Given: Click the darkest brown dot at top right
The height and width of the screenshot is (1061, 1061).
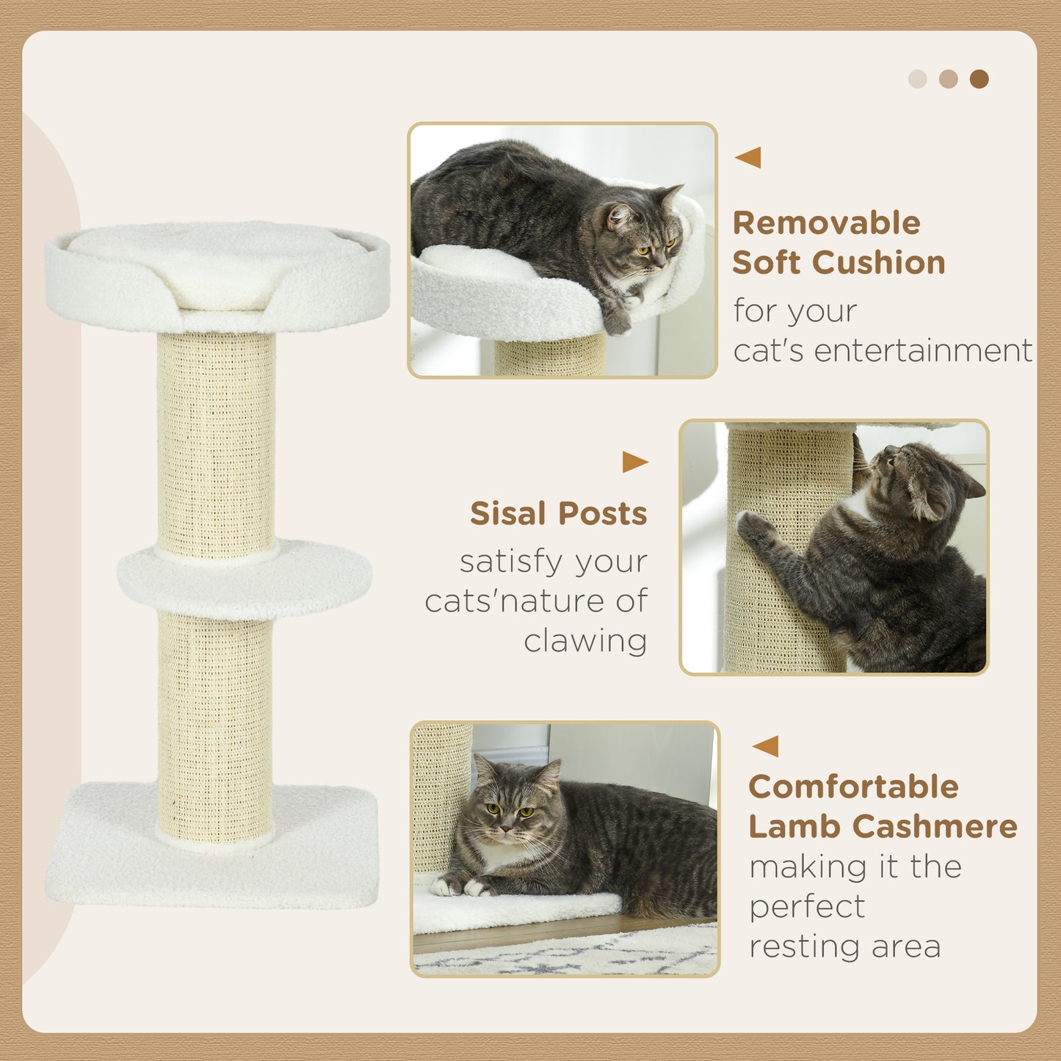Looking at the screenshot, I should [979, 79].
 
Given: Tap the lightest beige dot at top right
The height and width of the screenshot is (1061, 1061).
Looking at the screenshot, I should [918, 79].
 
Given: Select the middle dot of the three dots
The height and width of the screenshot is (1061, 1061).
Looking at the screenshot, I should [949, 79].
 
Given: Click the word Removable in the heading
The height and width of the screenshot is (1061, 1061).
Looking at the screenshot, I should [826, 223].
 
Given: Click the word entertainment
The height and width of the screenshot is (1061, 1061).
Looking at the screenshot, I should [923, 351].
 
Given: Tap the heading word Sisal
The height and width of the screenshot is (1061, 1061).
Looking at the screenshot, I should [505, 514].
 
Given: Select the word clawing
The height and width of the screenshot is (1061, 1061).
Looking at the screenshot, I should [585, 641].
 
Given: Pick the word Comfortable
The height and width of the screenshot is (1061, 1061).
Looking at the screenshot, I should [853, 787].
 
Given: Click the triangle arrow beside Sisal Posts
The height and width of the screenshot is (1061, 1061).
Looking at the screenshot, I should [634, 462].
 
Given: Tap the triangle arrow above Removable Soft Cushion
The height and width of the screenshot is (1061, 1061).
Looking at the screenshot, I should [748, 157].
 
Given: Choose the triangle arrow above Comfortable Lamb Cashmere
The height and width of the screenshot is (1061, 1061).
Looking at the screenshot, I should [766, 747].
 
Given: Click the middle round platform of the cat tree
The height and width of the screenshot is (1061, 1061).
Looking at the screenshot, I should [245, 580].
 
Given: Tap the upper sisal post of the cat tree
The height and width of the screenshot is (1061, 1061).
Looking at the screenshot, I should [216, 441].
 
